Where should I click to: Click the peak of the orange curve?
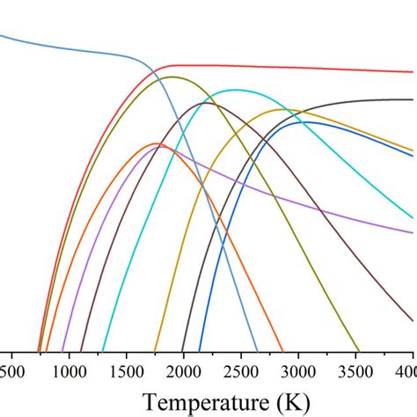157,143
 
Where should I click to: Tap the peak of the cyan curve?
234,90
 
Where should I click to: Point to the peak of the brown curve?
208,103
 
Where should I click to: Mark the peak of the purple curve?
165,148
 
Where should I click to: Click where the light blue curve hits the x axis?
257,350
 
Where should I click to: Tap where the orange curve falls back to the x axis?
282,350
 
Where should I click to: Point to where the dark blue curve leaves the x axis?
201,350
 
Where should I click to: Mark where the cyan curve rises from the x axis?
103,350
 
